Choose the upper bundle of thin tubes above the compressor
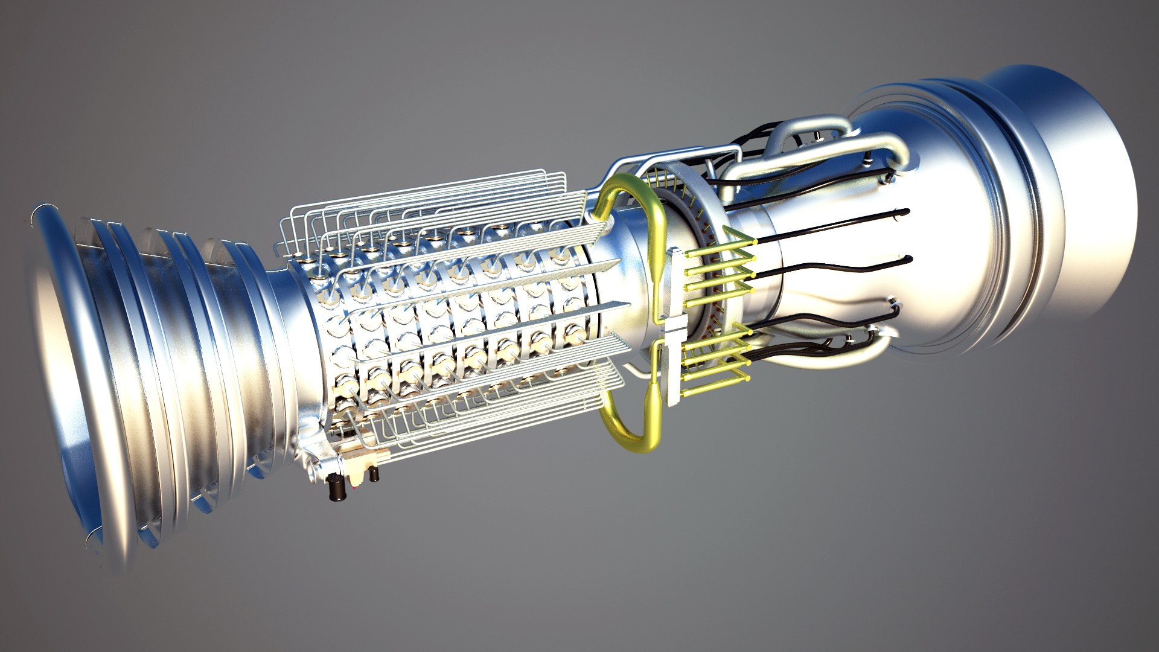[423, 199]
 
